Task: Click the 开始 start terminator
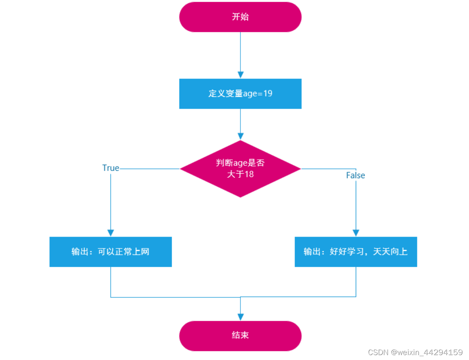coord(240,17)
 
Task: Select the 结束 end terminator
coord(240,335)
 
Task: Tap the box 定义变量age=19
coord(240,94)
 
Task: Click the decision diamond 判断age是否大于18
coord(240,169)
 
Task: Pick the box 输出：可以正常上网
coord(110,252)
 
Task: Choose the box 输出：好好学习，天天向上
coord(356,252)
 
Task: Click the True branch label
coord(110,168)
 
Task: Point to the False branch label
coord(355,175)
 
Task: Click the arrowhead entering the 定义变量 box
coord(240,75)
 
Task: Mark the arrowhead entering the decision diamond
coord(240,136)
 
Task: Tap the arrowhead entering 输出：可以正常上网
coord(110,233)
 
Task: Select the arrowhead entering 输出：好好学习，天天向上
coord(356,233)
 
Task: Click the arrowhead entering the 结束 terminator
coord(240,317)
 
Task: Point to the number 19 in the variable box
coord(268,94)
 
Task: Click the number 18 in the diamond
coord(249,174)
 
